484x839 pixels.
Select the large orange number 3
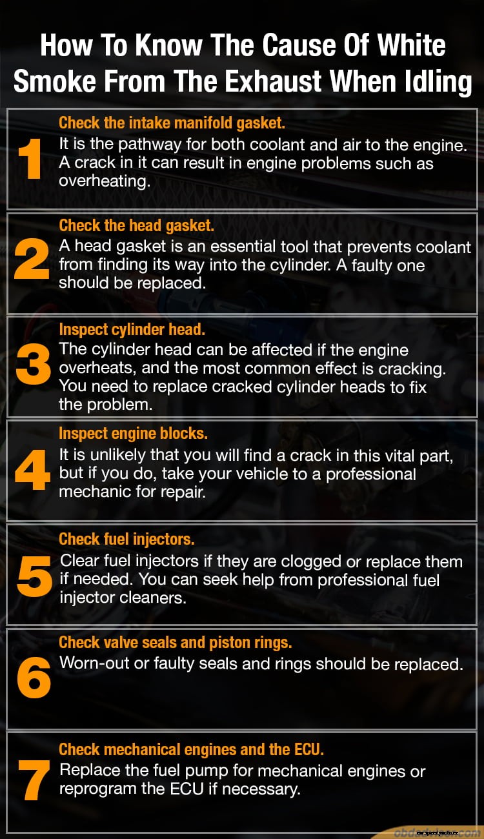point(33,365)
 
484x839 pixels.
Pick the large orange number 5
point(34,578)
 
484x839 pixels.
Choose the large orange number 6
point(34,678)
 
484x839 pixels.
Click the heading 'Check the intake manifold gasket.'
point(172,123)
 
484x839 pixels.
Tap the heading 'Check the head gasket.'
point(136,226)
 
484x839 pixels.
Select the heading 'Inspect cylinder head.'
point(132,329)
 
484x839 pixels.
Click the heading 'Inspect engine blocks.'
point(133,433)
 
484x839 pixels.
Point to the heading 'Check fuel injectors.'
point(126,539)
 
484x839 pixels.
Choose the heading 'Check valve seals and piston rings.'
point(176,642)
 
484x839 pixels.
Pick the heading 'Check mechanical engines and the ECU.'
point(191,749)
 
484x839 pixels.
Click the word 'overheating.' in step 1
point(105,181)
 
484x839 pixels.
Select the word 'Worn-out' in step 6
point(94,663)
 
